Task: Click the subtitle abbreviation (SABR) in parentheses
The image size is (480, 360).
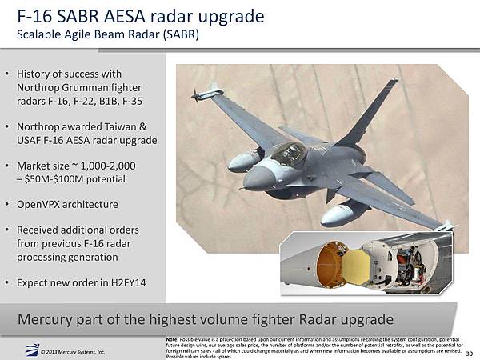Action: tap(181, 34)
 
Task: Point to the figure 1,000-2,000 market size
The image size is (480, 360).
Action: tap(108, 166)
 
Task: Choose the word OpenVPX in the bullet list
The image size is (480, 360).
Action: tap(38, 204)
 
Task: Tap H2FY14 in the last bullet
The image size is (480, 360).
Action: tap(128, 282)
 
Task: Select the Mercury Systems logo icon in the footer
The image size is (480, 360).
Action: tap(32, 350)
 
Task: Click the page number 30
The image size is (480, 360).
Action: tap(470, 354)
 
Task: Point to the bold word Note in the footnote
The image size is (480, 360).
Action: tap(172, 339)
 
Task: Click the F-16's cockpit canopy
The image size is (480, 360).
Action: tap(289, 154)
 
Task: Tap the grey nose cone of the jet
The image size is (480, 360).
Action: tap(259, 178)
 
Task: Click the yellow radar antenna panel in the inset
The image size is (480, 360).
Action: tap(355, 266)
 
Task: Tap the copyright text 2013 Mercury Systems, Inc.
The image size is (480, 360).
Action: tap(73, 352)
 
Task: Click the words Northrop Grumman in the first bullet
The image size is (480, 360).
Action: tap(62, 87)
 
